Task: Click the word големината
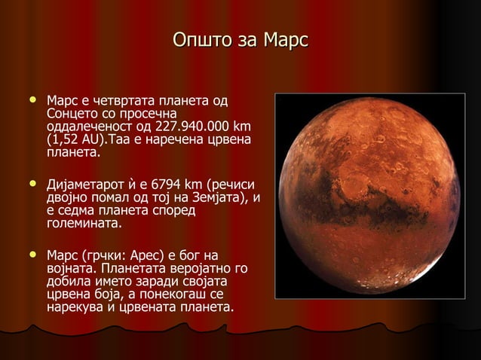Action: (x=83, y=224)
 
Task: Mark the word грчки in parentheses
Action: (x=100, y=255)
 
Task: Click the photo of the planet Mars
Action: (x=368, y=195)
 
